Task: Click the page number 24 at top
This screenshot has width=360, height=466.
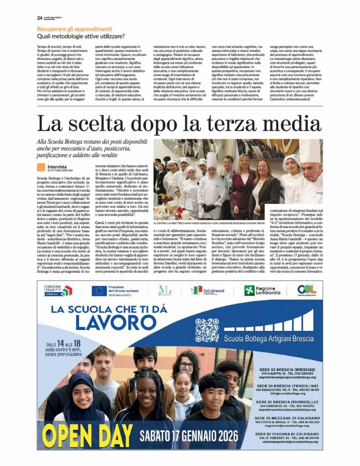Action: [x=40, y=18]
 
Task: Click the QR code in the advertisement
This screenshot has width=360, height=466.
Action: [x=207, y=330]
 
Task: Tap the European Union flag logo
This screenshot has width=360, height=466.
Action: [x=99, y=290]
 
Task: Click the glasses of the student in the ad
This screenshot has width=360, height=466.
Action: [x=186, y=365]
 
